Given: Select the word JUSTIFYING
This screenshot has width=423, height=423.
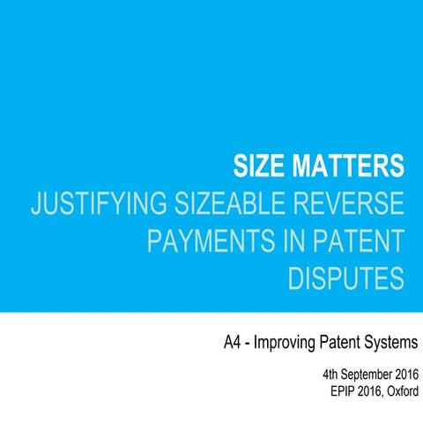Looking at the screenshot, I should pos(93,204).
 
